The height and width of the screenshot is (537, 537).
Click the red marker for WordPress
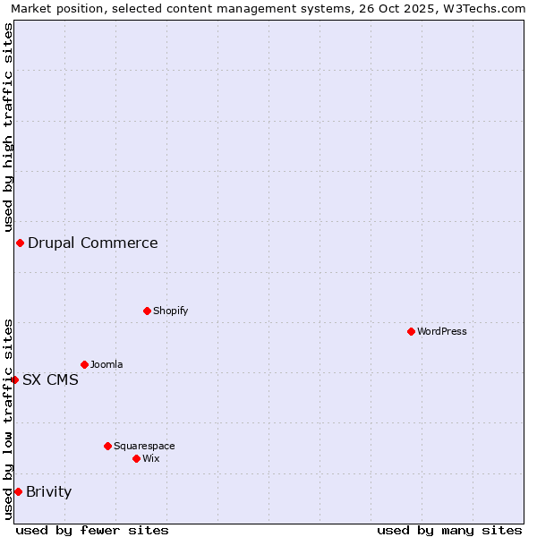click(411, 331)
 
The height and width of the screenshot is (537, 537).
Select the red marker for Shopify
click(147, 311)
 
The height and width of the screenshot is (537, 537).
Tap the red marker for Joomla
click(84, 364)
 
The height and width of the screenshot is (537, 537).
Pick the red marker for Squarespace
click(107, 446)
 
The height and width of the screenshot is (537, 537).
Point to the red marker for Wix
click(136, 458)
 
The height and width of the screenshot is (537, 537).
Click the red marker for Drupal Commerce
click(20, 243)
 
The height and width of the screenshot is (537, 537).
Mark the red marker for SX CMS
click(14, 379)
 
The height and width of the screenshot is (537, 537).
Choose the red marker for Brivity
click(18, 491)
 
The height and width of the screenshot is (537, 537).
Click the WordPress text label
click(442, 331)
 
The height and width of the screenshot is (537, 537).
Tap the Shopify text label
click(170, 311)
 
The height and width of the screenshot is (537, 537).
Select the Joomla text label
click(107, 364)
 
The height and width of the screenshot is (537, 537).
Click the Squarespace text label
click(144, 446)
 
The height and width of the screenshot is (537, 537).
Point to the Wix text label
click(150, 458)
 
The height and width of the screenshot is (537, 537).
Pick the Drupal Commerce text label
click(92, 243)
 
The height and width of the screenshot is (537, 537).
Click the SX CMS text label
click(50, 379)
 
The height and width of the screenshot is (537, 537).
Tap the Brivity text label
click(48, 491)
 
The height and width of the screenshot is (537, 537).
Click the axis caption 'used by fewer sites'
click(92, 530)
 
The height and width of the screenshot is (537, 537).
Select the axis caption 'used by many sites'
click(449, 530)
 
